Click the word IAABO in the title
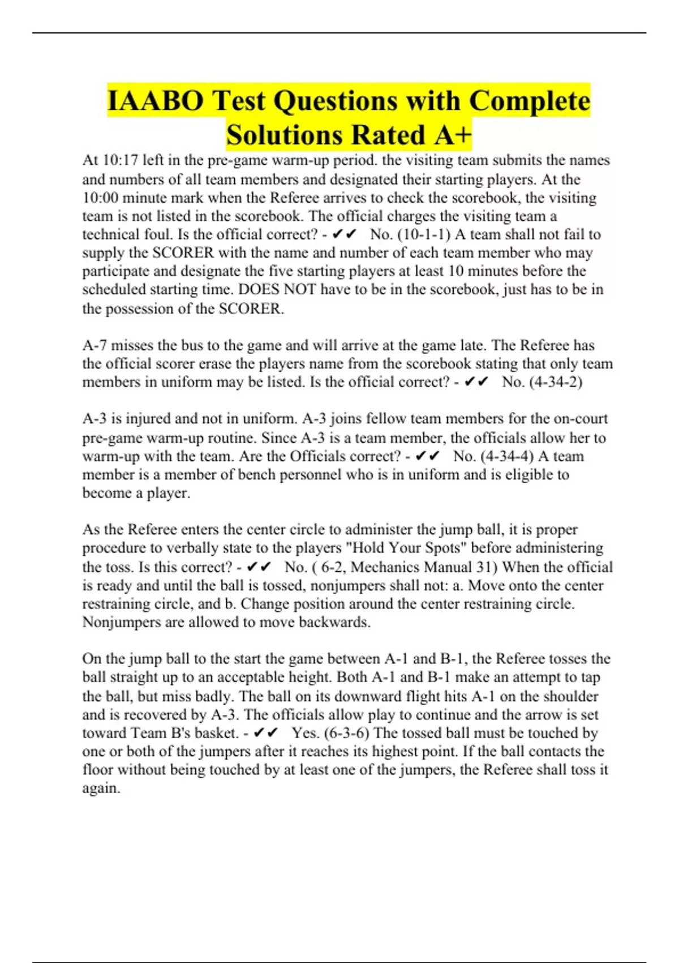(154, 101)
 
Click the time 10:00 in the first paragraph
(101, 198)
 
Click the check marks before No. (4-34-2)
(476, 382)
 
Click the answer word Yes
(306, 733)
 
